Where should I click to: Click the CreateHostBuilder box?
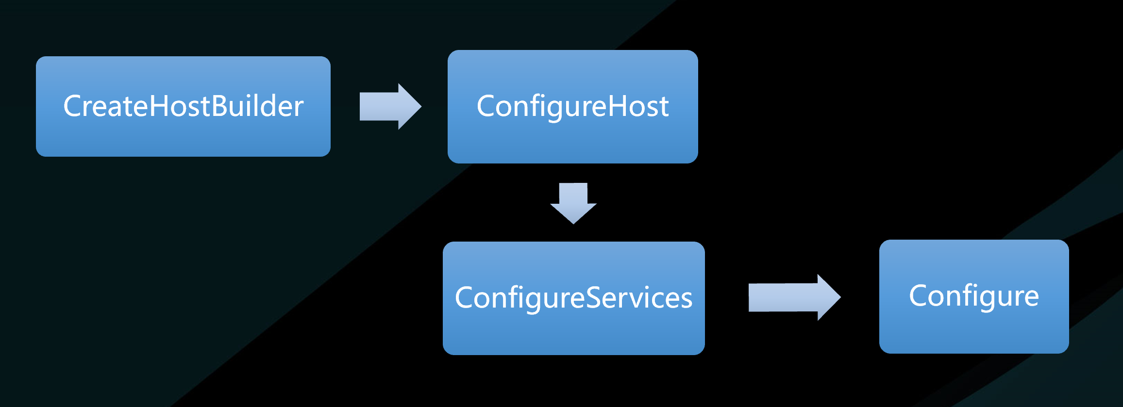(183, 106)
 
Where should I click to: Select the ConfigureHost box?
(573, 107)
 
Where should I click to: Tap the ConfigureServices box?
(574, 298)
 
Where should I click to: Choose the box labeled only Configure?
(974, 296)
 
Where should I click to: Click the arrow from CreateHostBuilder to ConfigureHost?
(390, 107)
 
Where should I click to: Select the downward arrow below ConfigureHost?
(573, 203)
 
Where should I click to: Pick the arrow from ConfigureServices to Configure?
(795, 297)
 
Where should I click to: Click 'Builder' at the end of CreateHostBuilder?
(258, 106)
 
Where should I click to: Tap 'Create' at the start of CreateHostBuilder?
(106, 106)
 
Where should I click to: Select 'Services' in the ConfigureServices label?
(639, 298)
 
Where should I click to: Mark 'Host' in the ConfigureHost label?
(639, 106)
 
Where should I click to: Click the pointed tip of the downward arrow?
(573, 223)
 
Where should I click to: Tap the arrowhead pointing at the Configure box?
(829, 297)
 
